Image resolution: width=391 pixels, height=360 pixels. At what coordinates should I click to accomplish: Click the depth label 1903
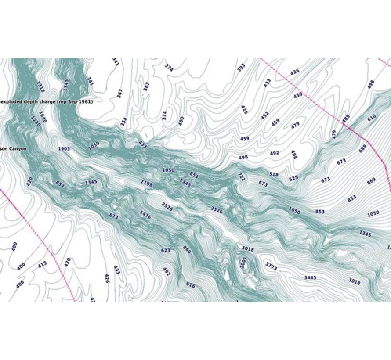pyautogui.click(x=64, y=149)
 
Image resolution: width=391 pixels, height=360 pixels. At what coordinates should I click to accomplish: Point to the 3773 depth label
pyautogui.click(x=272, y=266)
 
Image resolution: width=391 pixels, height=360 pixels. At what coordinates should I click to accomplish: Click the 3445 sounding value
pyautogui.click(x=311, y=277)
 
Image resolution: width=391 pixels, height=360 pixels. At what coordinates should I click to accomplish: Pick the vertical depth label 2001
pyautogui.click(x=244, y=262)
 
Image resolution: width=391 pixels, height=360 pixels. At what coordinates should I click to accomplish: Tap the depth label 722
pyautogui.click(x=241, y=176)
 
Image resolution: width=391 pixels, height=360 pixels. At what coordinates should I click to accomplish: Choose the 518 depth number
pyautogui.click(x=274, y=175)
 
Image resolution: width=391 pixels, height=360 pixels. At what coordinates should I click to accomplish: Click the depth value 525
pyautogui.click(x=293, y=178)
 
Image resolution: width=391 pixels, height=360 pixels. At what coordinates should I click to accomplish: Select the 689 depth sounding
pyautogui.click(x=362, y=148)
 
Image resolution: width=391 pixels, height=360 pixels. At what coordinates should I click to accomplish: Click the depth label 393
pyautogui.click(x=241, y=68)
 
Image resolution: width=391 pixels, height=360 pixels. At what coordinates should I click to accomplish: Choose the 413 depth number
pyautogui.click(x=42, y=264)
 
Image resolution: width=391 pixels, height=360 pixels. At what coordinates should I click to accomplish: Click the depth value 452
pyautogui.click(x=264, y=115)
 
